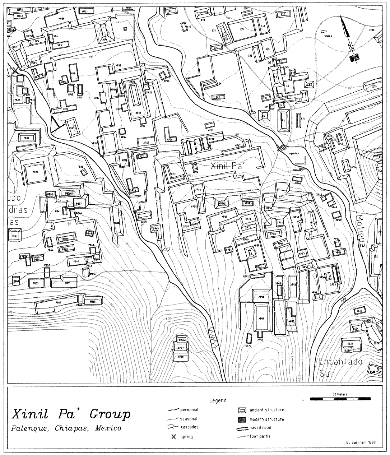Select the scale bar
340,399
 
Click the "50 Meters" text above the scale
340,394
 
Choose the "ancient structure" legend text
267,410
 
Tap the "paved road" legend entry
260,428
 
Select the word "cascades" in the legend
189,427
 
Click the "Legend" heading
218,400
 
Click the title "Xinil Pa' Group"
71,414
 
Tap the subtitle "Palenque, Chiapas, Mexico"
66,428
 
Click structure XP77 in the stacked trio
181,348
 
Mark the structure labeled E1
283,120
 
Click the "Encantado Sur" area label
340,367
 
